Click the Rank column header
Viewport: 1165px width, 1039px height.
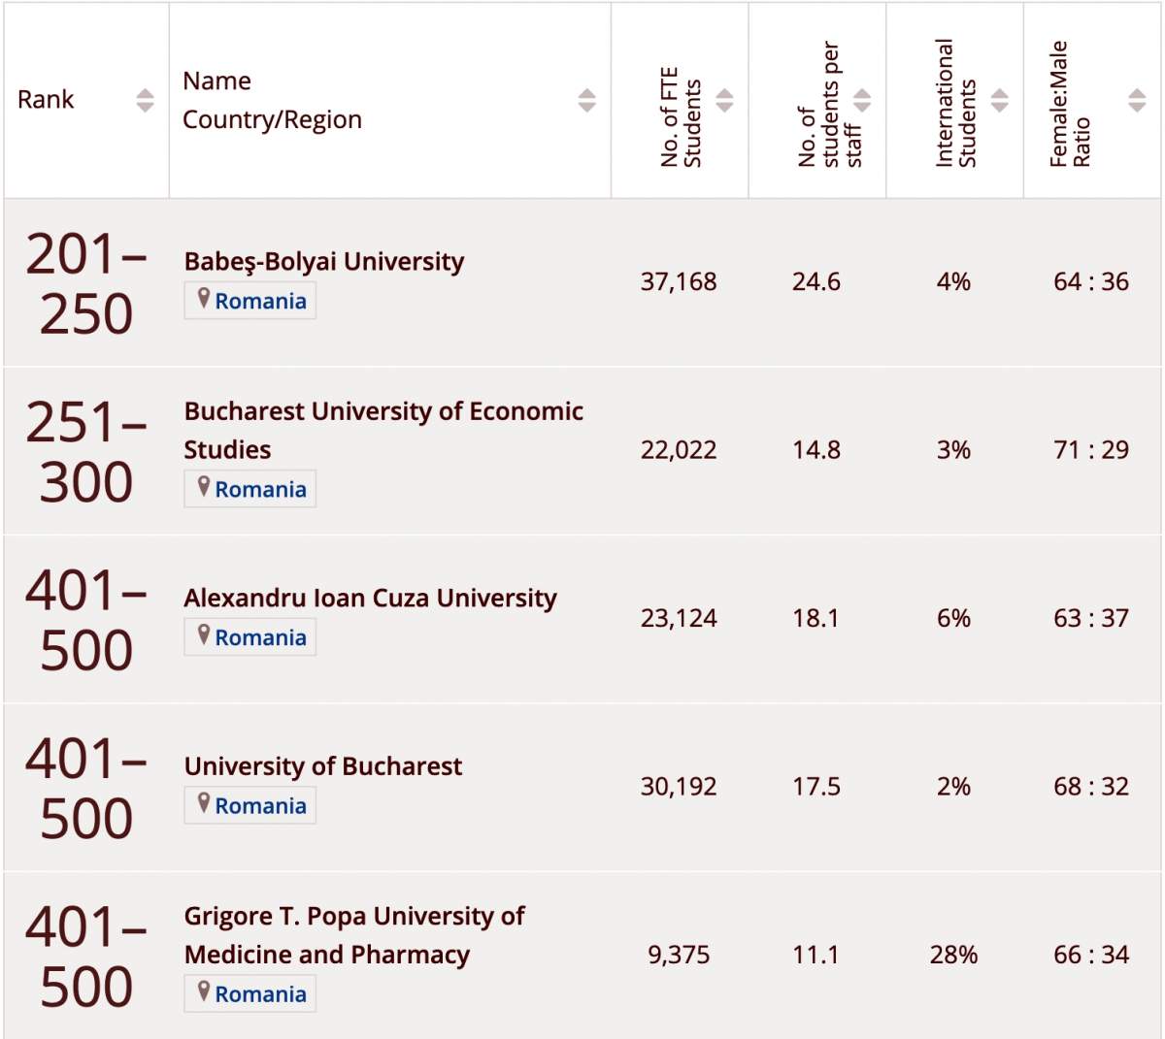click(x=46, y=100)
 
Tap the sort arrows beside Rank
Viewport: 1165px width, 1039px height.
click(x=145, y=100)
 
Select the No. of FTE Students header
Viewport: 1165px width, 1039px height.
click(x=680, y=117)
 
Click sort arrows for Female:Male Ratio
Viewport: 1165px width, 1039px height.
click(x=1137, y=100)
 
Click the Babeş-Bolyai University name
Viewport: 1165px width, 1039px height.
click(x=323, y=261)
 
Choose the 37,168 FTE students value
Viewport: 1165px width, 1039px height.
click(x=679, y=281)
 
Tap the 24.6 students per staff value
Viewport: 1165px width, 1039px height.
click(x=816, y=281)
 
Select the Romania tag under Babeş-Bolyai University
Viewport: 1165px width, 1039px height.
click(x=250, y=301)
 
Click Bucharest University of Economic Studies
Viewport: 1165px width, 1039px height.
click(x=383, y=429)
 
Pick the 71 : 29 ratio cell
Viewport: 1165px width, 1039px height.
click(x=1091, y=449)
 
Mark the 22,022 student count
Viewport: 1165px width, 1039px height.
click(x=679, y=449)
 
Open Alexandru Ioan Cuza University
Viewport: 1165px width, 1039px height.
click(x=370, y=598)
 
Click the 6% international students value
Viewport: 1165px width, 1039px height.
click(x=953, y=618)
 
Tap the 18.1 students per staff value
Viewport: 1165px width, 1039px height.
click(x=816, y=618)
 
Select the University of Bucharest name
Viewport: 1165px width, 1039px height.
click(x=322, y=766)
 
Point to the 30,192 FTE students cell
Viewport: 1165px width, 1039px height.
click(x=679, y=786)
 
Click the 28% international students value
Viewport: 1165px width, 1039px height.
click(x=953, y=955)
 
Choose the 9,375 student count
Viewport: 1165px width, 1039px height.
click(x=679, y=955)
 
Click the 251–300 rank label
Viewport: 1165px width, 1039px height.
click(x=85, y=452)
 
